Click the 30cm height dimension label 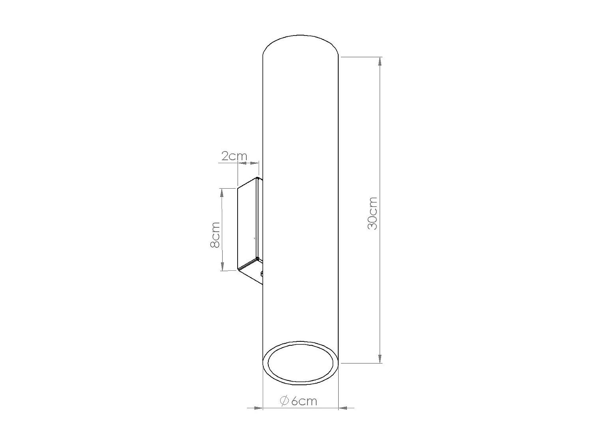(x=372, y=213)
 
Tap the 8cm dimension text (x=215, y=234)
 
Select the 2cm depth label (x=234, y=156)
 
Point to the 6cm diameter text (x=304, y=401)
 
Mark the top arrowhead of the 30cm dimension (x=380, y=62)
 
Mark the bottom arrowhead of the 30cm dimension (x=380, y=358)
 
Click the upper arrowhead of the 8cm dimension (x=223, y=193)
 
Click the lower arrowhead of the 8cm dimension (x=223, y=266)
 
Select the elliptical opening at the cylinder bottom (x=301, y=363)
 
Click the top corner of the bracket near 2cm (x=258, y=178)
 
